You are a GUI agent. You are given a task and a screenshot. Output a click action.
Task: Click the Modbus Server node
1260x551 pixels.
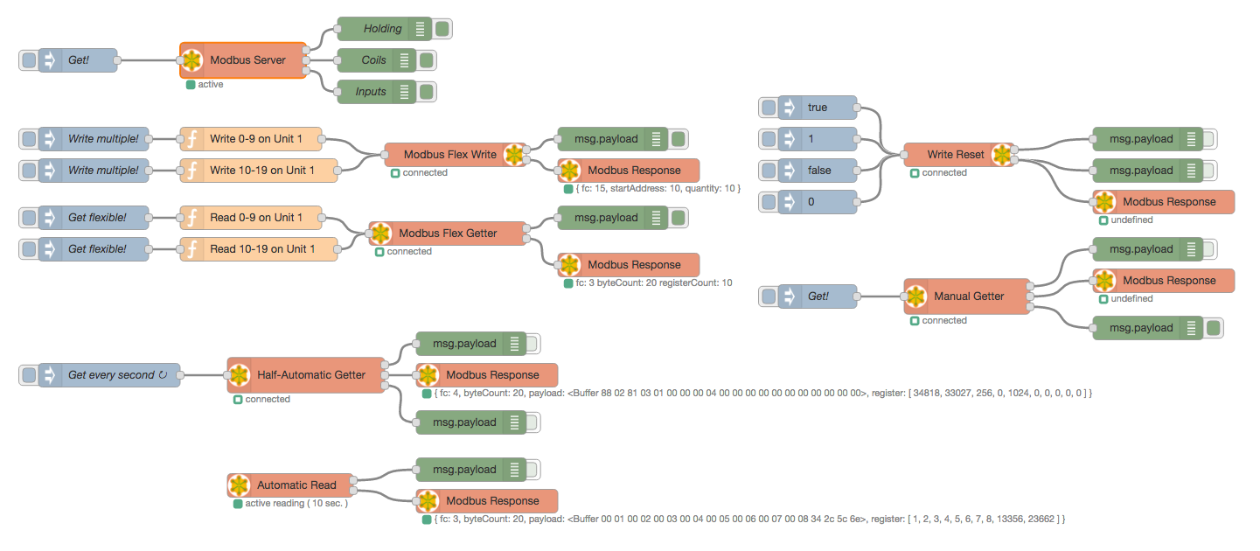click(243, 60)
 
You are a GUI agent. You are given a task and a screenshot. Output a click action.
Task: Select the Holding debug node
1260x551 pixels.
click(384, 29)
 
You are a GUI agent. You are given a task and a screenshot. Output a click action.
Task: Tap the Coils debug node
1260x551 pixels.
click(376, 60)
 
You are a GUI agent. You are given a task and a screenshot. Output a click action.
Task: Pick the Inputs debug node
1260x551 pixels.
click(376, 92)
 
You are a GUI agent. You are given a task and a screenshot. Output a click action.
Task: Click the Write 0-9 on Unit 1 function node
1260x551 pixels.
click(251, 139)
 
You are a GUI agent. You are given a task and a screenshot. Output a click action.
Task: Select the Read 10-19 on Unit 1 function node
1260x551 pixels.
click(259, 249)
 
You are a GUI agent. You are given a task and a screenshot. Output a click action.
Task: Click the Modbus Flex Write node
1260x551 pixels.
click(455, 154)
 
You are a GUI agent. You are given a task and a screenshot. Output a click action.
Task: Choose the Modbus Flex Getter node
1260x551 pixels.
click(448, 233)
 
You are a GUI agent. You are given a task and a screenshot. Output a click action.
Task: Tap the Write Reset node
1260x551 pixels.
click(959, 154)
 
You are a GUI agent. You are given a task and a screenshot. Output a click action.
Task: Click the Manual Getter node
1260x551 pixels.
click(967, 296)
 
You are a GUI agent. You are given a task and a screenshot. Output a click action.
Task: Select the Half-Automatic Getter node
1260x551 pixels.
click(306, 375)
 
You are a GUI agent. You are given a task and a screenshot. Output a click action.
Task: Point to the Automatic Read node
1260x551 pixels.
click(290, 485)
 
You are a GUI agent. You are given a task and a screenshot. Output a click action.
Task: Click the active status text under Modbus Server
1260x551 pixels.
click(211, 85)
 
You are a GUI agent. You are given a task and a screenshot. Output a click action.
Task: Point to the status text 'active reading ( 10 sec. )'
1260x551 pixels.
click(296, 503)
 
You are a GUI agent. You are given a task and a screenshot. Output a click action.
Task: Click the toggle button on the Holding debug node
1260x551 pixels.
click(442, 29)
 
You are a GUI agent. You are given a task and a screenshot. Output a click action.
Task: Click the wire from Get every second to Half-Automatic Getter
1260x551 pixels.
click(204, 375)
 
